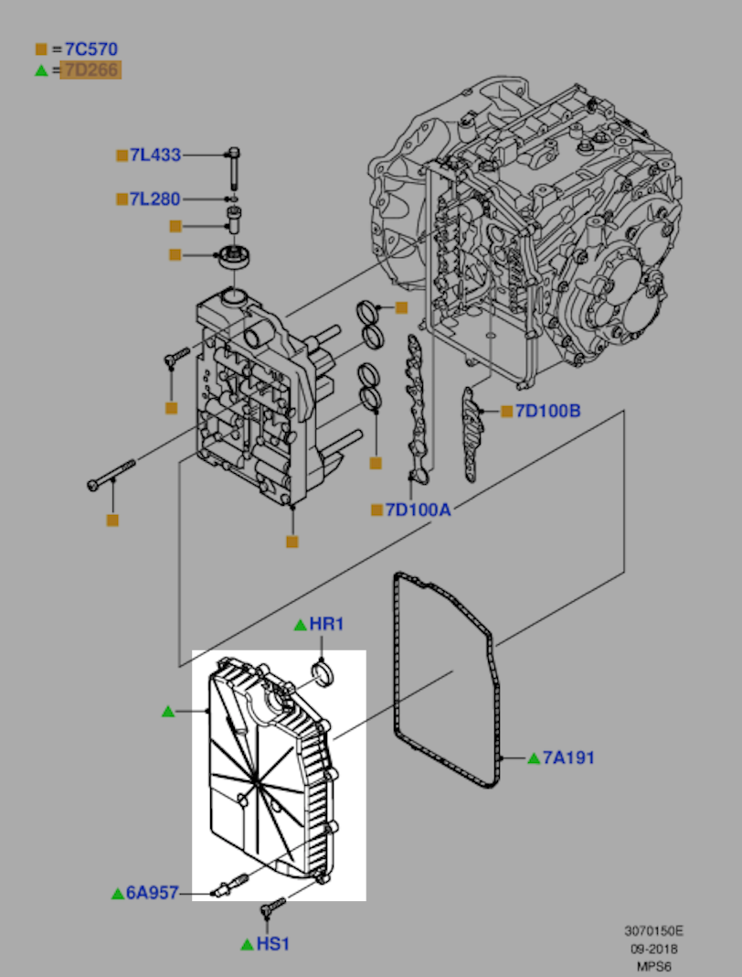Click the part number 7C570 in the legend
click(90, 49)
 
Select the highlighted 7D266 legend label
click(90, 70)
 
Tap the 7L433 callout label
click(155, 156)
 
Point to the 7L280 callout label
click(155, 199)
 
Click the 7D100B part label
click(547, 412)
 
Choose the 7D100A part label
click(418, 510)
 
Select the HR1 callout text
click(326, 624)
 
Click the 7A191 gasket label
click(568, 757)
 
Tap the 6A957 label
click(153, 893)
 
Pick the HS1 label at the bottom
click(273, 945)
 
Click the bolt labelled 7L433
click(234, 167)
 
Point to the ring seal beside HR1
click(323, 675)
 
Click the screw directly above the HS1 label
click(273, 907)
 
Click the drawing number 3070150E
click(653, 931)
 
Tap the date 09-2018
click(653, 949)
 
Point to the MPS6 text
click(653, 967)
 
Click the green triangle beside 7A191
click(534, 758)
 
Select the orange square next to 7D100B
click(507, 412)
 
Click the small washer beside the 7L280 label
click(233, 199)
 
